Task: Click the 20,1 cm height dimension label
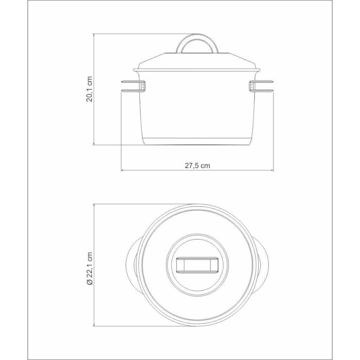(x=89, y=89)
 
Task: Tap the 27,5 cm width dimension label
(x=198, y=166)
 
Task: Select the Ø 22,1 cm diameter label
(x=89, y=269)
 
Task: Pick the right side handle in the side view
(x=262, y=86)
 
